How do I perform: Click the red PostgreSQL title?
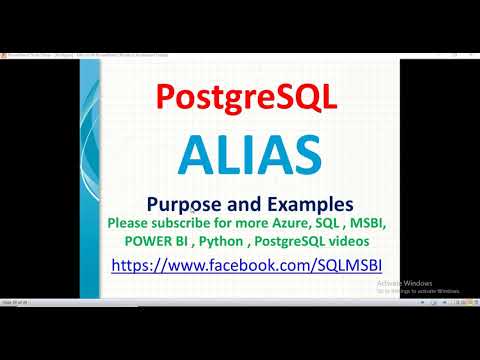[x=239, y=97]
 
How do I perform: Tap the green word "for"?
[x=228, y=221]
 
